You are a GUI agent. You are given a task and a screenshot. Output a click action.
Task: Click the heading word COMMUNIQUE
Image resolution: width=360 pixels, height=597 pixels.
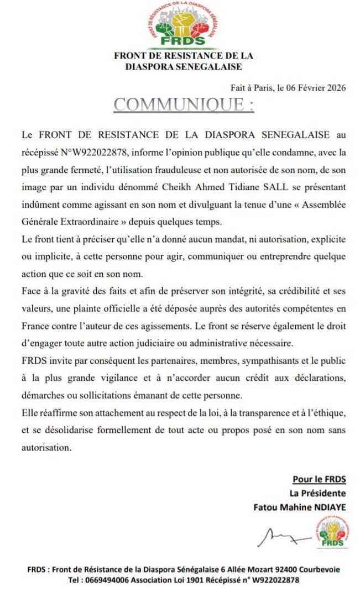[179, 104]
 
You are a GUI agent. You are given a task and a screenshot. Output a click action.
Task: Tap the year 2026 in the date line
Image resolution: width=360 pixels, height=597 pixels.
[336, 87]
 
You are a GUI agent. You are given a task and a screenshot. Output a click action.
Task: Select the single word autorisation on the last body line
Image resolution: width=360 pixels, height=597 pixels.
[46, 448]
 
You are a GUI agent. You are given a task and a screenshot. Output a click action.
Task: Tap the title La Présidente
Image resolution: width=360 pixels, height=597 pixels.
[318, 493]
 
